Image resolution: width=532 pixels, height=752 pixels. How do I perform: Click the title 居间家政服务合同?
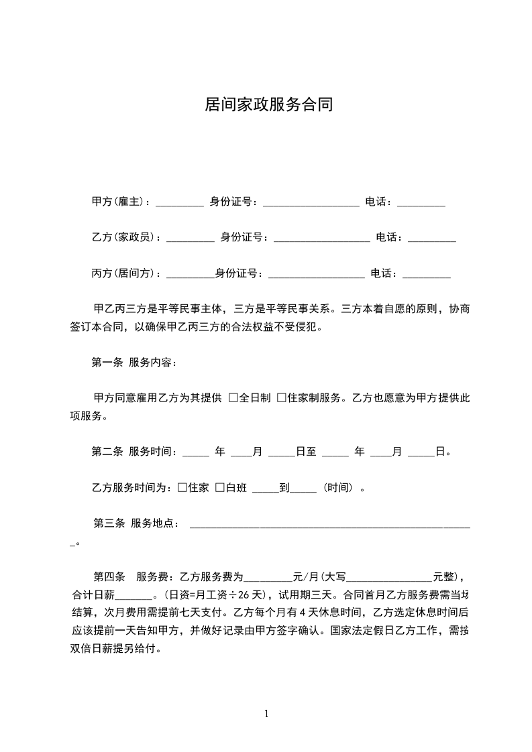(x=268, y=105)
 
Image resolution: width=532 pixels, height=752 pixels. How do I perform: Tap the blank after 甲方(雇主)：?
(x=179, y=204)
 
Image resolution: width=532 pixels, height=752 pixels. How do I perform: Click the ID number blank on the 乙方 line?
(x=321, y=239)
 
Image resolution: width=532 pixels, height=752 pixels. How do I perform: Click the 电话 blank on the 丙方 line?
(x=427, y=275)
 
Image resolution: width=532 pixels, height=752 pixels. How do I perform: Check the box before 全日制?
(x=233, y=398)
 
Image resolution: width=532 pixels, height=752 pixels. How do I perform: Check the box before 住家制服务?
(x=282, y=398)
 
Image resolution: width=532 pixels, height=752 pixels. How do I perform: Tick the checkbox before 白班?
(x=219, y=488)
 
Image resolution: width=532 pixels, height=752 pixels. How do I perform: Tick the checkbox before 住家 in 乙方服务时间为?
(x=182, y=488)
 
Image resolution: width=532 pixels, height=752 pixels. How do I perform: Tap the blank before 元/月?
(x=268, y=578)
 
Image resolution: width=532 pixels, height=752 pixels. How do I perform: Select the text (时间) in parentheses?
(x=338, y=488)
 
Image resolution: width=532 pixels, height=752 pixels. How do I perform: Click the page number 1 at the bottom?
(x=266, y=714)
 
